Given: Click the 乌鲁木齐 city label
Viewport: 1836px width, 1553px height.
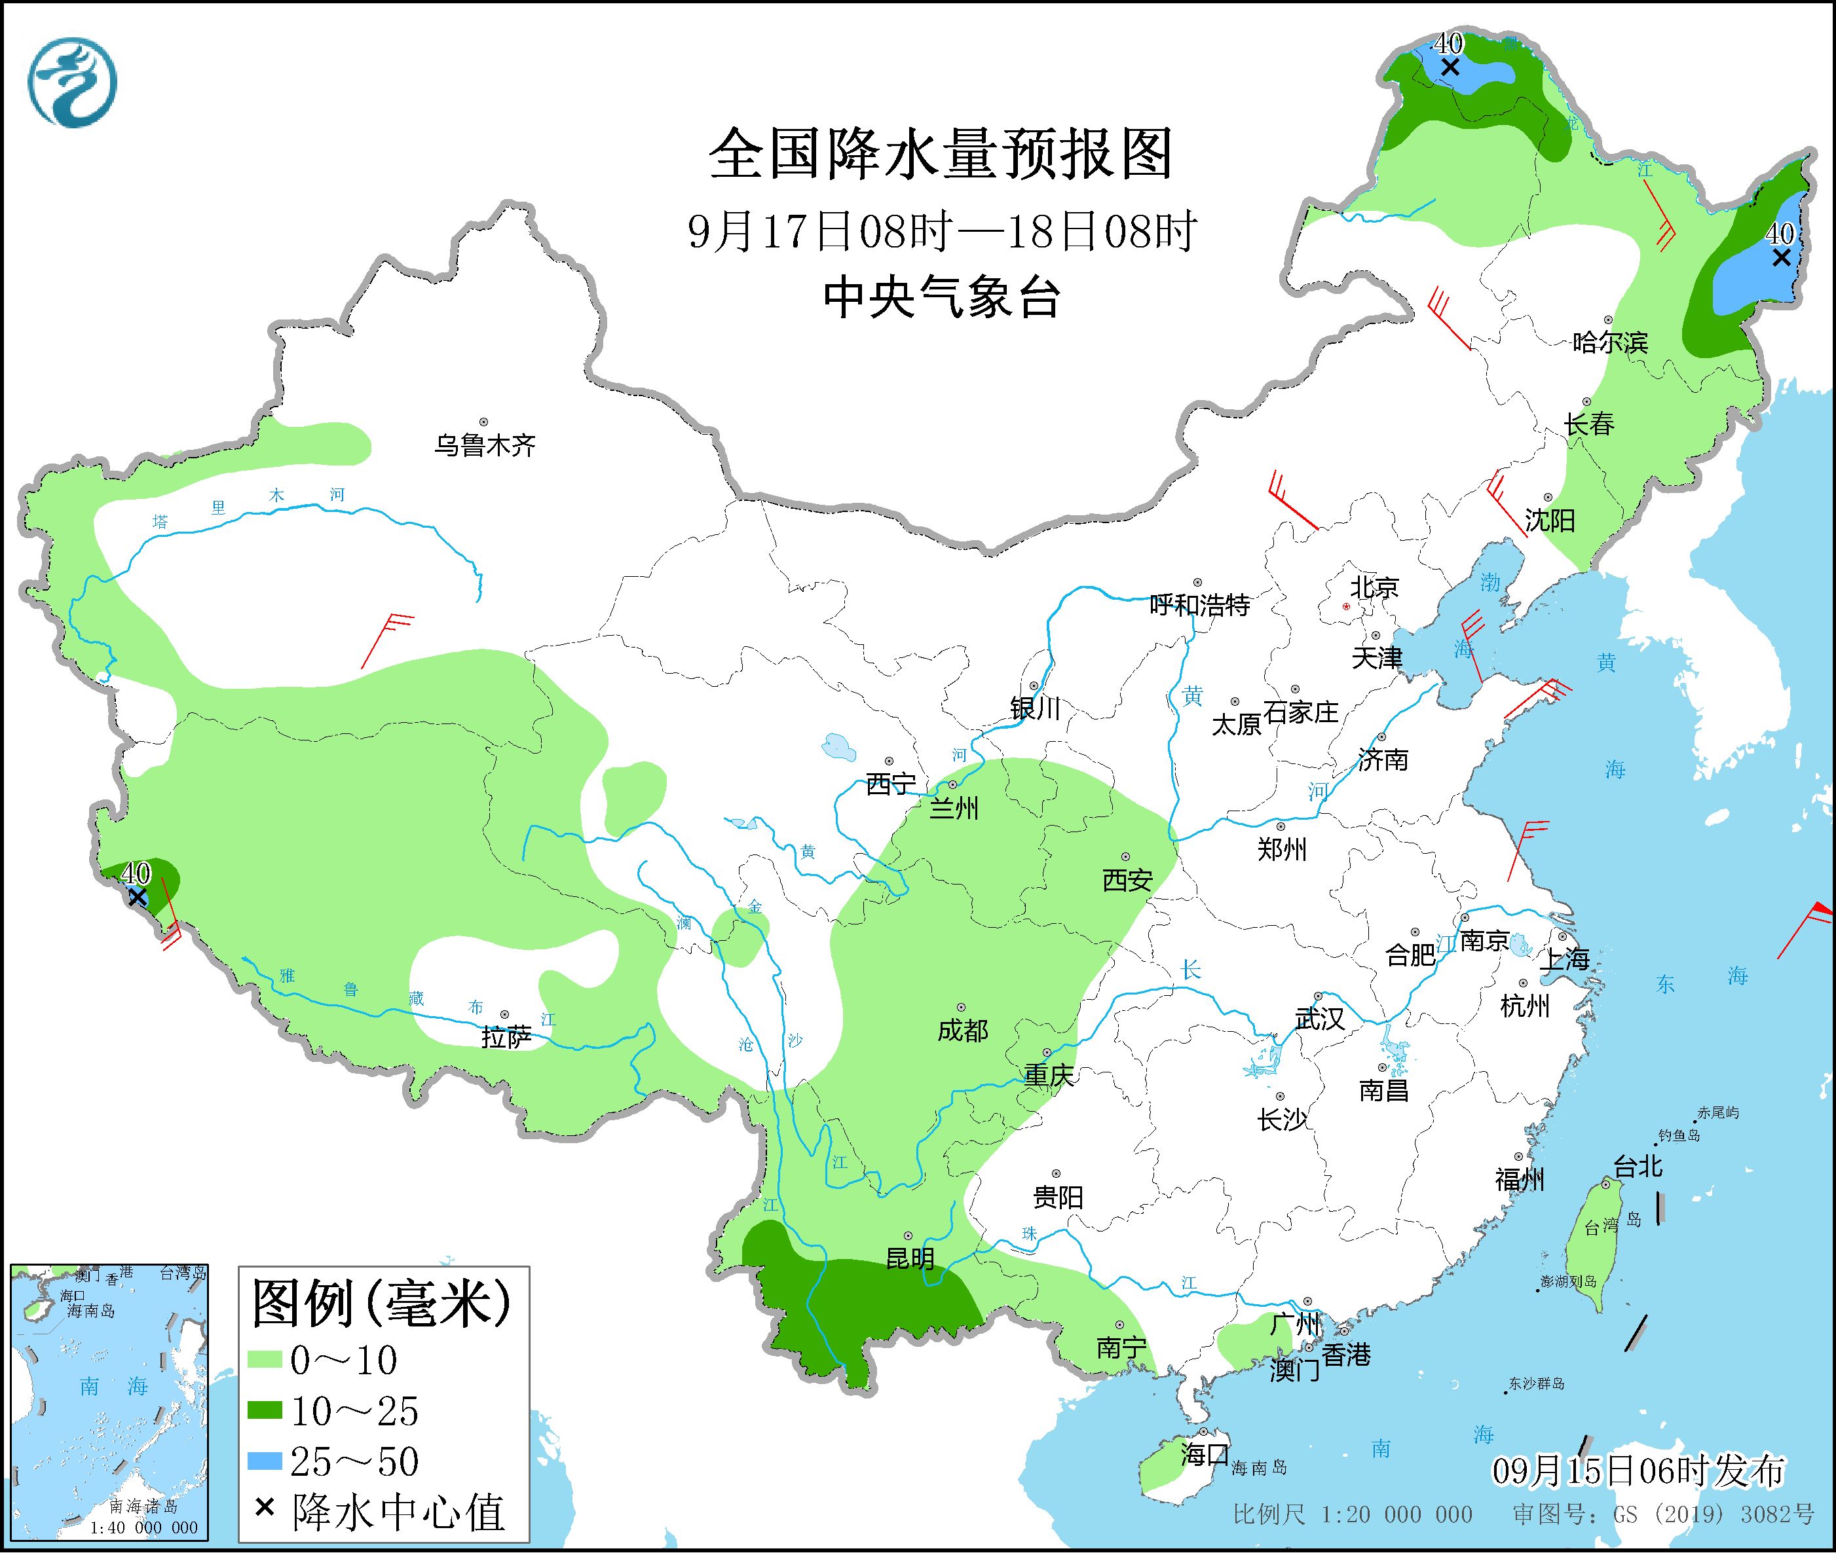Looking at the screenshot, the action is pos(484,445).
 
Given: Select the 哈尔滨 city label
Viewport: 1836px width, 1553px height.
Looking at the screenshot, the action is pos(1609,342).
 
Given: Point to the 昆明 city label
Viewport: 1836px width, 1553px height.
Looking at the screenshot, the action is pos(910,1259).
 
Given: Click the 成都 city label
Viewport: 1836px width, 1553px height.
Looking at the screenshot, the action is pos(962,1030).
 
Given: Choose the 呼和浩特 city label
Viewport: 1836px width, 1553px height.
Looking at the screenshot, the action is pos(1199,605).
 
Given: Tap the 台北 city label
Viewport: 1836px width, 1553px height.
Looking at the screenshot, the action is pos(1637,1167).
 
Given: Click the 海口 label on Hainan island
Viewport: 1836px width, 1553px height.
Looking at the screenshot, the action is pos(1204,1454).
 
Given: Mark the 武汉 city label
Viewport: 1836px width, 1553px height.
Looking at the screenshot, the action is pos(1319,1019).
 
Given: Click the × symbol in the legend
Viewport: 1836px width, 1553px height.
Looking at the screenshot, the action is pos(263,1509).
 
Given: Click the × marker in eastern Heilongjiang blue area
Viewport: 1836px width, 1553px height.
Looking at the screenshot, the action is pos(1780,257).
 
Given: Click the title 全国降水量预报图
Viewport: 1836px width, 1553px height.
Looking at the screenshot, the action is pos(941,154).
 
